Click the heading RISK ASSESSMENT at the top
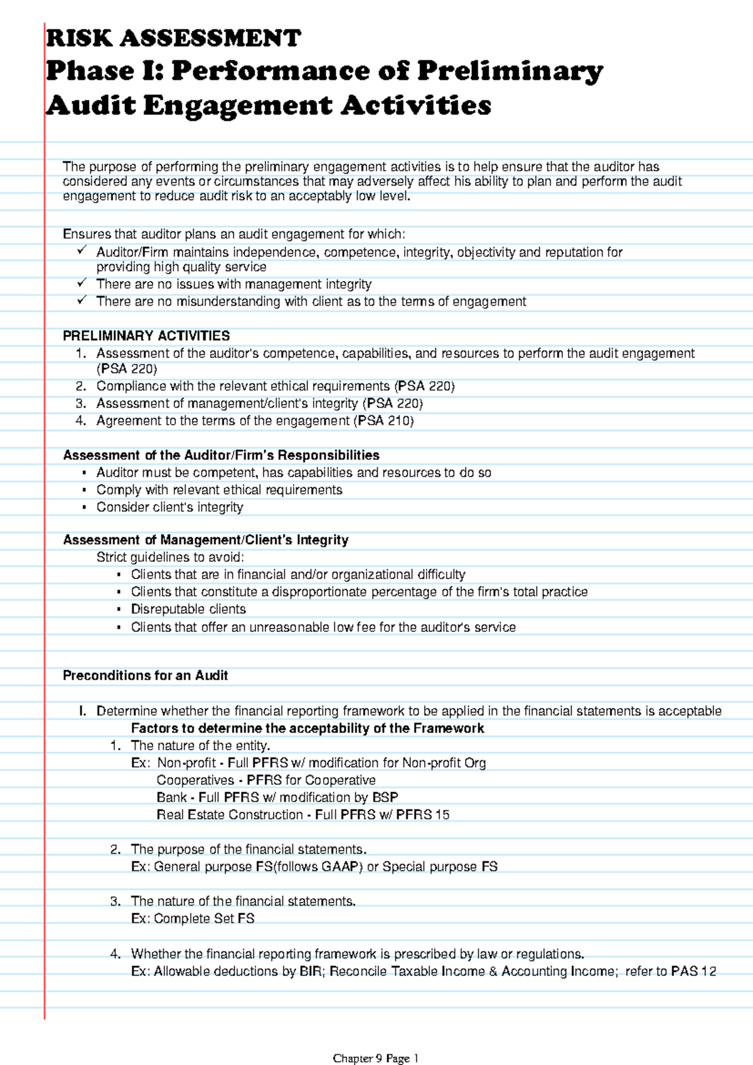click(x=174, y=38)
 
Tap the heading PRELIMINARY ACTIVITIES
click(x=146, y=336)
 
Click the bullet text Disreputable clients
click(x=188, y=609)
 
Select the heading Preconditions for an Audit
click(x=145, y=676)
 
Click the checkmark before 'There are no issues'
click(x=82, y=283)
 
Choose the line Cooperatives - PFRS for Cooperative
click(x=266, y=780)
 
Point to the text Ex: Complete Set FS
click(x=193, y=918)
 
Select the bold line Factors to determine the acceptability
click(x=307, y=728)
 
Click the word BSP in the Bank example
click(x=385, y=797)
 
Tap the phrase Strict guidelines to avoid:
click(x=170, y=558)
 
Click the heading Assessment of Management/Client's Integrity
click(x=206, y=540)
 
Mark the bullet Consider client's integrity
click(x=169, y=507)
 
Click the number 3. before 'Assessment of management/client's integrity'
click(x=80, y=403)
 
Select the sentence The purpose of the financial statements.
click(x=248, y=849)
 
